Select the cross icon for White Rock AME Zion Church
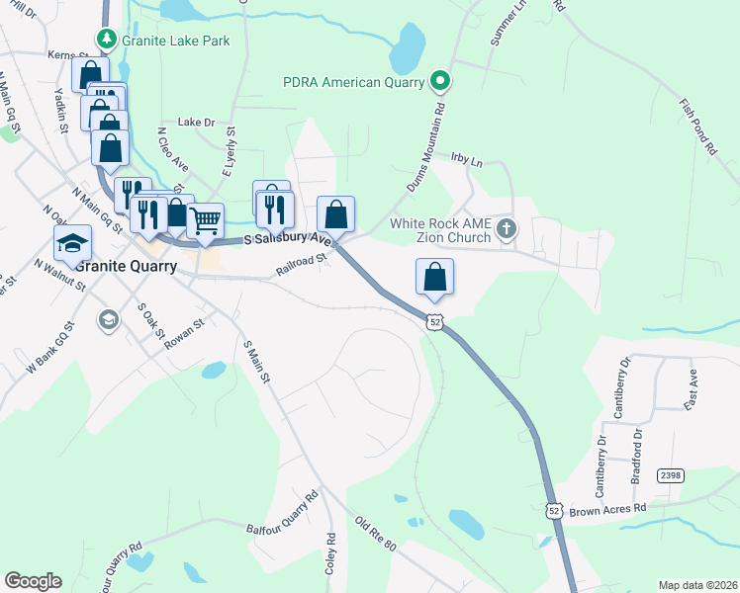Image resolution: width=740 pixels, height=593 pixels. (x=506, y=230)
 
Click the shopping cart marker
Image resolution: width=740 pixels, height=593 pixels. (x=205, y=219)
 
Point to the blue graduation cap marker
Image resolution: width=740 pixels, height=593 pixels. (x=72, y=243)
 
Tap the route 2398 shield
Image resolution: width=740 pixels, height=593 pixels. (x=671, y=475)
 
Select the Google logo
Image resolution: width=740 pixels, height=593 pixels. (x=33, y=580)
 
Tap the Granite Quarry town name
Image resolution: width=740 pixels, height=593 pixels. (x=126, y=267)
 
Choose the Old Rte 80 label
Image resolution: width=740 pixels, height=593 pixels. (x=375, y=534)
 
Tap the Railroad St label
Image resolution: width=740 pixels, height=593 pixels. (x=302, y=260)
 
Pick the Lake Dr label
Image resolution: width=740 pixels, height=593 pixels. (x=196, y=122)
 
